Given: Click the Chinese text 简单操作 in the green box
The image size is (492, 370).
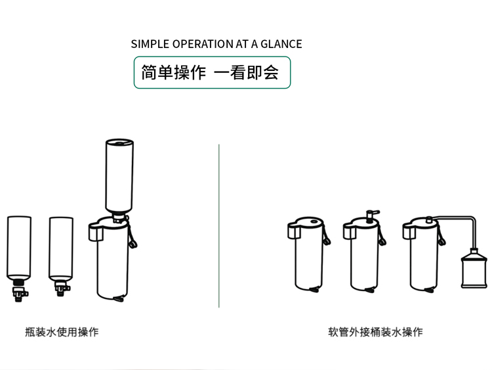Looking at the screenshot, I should [174, 72].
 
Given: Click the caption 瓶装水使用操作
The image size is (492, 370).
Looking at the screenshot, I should [62, 332].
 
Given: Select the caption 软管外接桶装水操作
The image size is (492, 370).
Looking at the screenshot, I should [376, 332].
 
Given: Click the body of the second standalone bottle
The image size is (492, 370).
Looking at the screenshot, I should [60, 246].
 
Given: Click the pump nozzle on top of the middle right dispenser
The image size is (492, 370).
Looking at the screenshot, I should [371, 214].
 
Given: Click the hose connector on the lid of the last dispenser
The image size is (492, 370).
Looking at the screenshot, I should [430, 220].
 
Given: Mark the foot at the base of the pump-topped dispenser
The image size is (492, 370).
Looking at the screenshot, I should [373, 289].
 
